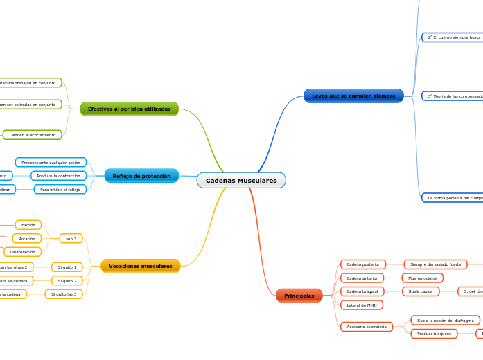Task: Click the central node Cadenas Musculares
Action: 241,181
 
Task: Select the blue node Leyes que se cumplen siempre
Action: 353,96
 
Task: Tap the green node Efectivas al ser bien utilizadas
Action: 129,109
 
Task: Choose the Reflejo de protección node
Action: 141,176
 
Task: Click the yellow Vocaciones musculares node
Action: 140,266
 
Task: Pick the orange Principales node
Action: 299,296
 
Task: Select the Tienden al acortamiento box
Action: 32,135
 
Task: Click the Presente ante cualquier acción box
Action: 51,163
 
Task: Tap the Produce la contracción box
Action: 58,176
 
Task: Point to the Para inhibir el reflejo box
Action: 60,189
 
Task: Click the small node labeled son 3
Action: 71,239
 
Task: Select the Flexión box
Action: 28,225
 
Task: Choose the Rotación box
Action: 27,238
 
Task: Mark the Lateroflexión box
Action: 23,252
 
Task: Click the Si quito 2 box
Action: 67,280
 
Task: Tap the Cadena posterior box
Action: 362,264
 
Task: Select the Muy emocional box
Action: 422,278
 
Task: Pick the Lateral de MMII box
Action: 362,305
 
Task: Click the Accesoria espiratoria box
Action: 367,327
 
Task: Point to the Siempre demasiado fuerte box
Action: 435,264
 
